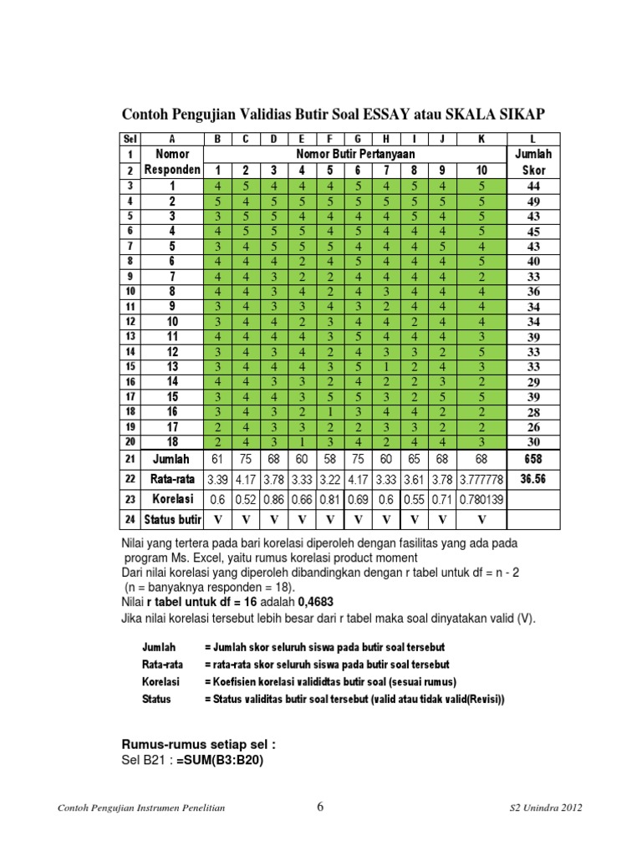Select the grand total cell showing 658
(532, 459)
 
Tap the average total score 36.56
(532, 480)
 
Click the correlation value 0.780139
(481, 499)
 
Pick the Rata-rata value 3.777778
(481, 480)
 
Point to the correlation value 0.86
(273, 499)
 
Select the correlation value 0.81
(329, 499)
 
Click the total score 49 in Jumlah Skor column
(532, 201)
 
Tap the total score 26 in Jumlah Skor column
(532, 427)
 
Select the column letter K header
(481, 140)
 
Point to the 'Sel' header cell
(130, 140)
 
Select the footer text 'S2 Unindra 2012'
(546, 808)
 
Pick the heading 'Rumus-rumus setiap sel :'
(199, 745)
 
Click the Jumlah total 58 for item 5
(329, 459)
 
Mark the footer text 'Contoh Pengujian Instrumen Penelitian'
(141, 808)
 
